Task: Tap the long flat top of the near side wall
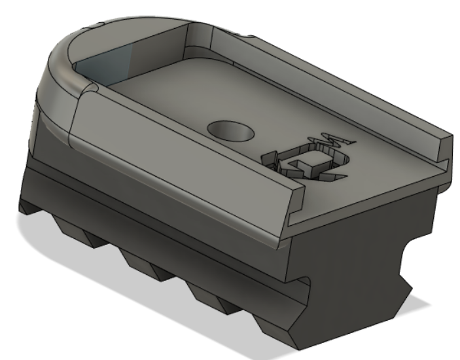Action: pyautogui.click(x=183, y=144)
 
